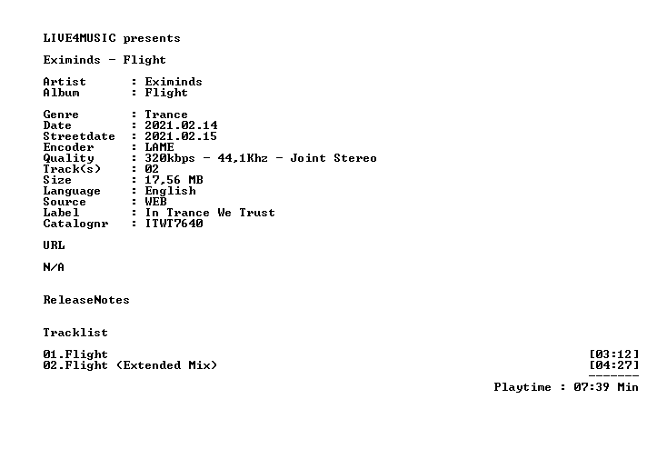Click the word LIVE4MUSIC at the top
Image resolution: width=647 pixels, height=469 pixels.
tap(80, 38)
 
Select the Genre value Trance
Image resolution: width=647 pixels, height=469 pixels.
tap(166, 115)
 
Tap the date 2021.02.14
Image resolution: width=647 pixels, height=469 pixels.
tap(181, 125)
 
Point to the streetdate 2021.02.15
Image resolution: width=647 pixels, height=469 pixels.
tap(181, 136)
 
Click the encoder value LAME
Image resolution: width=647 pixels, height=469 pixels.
tap(159, 147)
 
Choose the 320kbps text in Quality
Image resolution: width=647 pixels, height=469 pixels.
tap(170, 158)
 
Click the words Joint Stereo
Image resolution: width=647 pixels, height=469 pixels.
tap(333, 158)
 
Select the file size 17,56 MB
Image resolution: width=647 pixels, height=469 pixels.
tap(174, 180)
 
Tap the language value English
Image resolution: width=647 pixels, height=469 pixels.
tap(171, 191)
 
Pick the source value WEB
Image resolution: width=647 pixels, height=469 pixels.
tap(155, 202)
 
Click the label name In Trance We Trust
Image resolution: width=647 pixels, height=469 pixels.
tap(210, 213)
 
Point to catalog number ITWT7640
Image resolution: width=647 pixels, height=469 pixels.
tap(174, 224)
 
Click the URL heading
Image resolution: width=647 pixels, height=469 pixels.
tap(54, 245)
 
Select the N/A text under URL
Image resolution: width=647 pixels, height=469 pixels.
tap(54, 267)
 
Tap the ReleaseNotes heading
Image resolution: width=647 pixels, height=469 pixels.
tap(86, 300)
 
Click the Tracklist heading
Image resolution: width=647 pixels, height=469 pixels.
tap(75, 333)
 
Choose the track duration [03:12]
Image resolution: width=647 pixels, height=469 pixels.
tap(614, 354)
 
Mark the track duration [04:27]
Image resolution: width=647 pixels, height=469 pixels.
tap(614, 365)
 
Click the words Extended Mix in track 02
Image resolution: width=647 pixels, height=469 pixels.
tap(166, 365)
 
